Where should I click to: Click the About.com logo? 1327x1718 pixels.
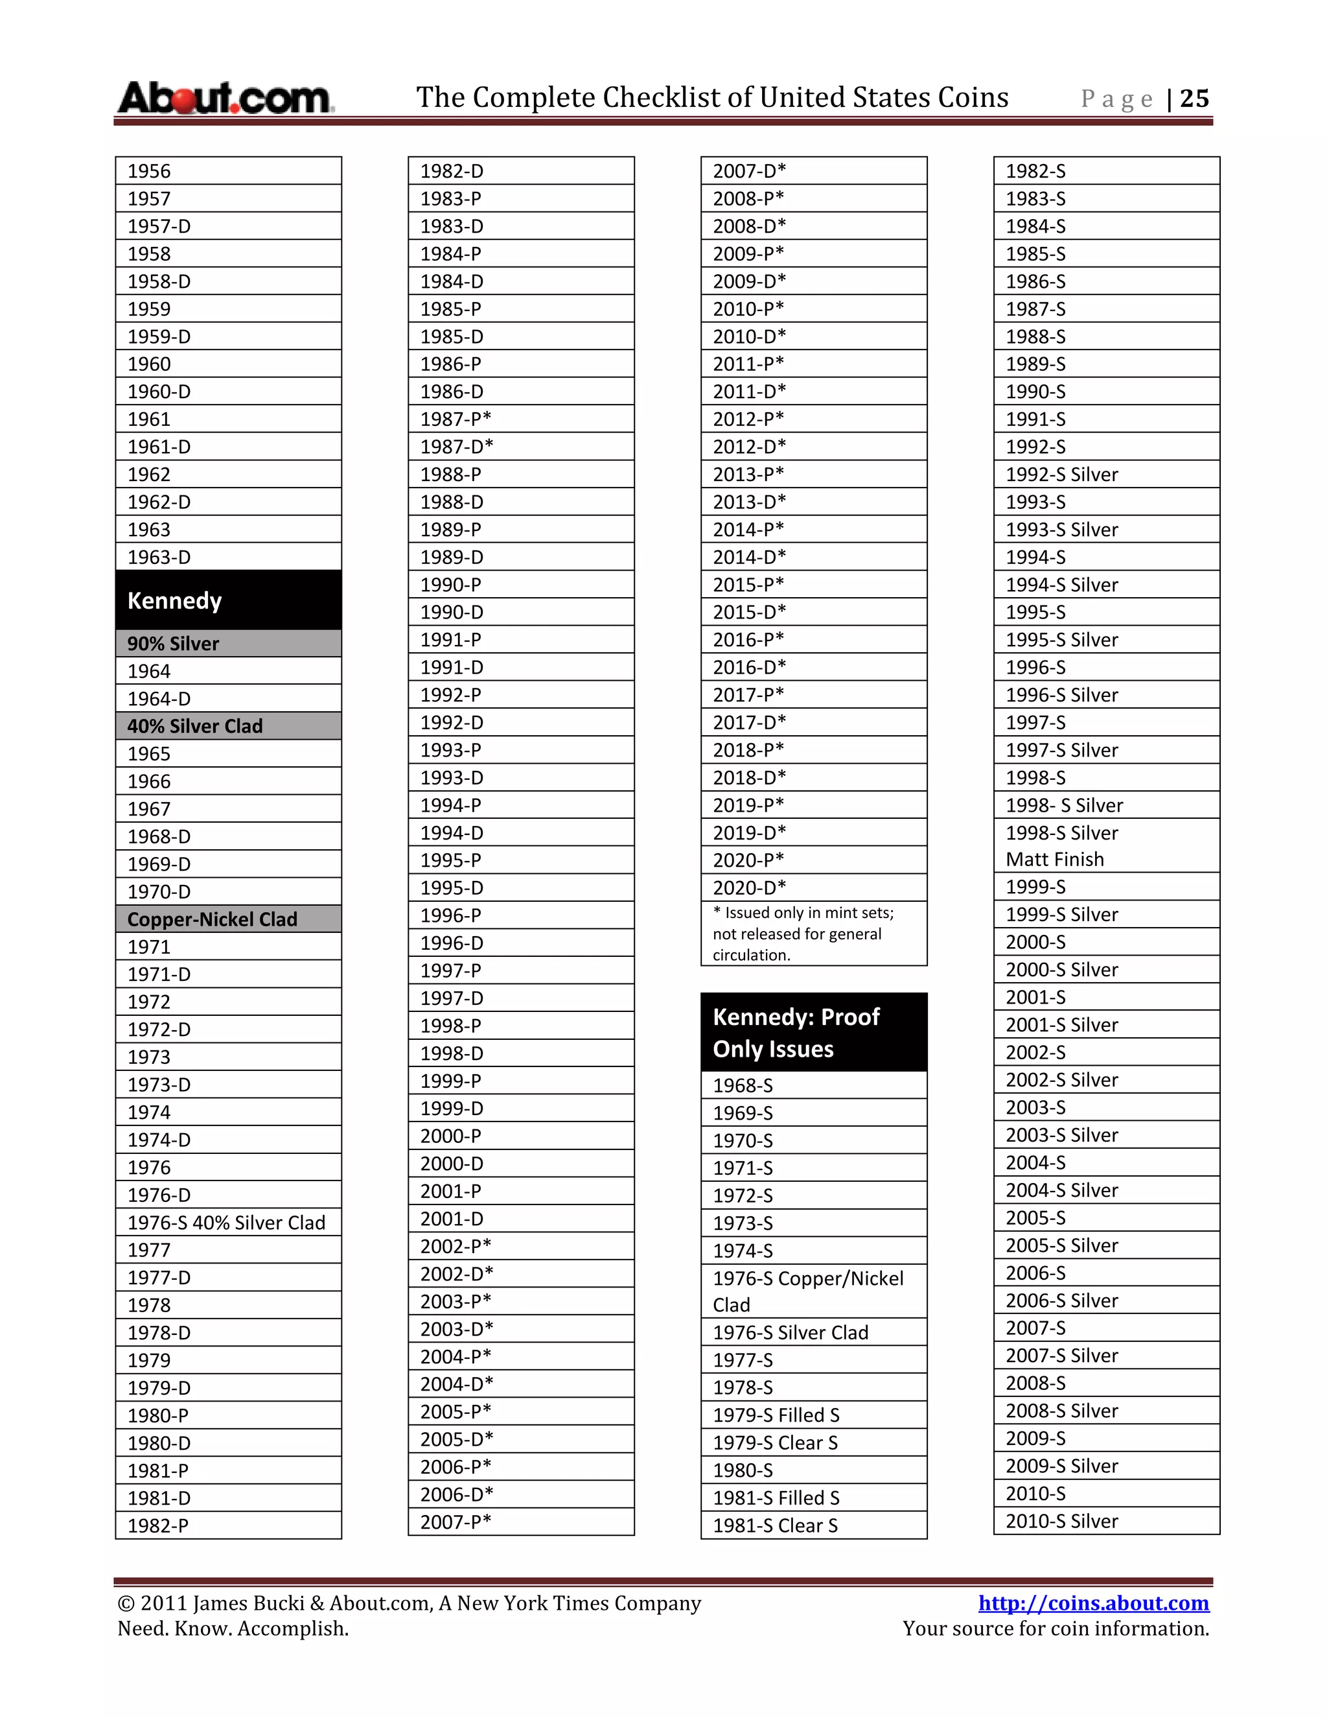pos(225,99)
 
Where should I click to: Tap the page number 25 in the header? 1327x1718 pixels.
pos(1194,99)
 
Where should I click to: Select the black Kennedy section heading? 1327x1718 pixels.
pos(228,600)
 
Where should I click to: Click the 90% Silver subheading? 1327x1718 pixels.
pos(228,644)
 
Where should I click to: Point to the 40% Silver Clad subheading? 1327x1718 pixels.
pos(228,726)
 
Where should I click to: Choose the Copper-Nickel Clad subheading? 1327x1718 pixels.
pos(228,919)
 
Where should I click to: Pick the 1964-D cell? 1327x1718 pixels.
pos(228,698)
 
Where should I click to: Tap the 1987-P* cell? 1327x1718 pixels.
pos(520,419)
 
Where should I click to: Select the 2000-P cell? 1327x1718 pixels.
pos(520,1136)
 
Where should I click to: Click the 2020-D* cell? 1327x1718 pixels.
pos(814,888)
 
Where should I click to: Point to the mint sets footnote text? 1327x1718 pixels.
pos(814,934)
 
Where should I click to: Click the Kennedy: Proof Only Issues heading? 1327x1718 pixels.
pos(814,1032)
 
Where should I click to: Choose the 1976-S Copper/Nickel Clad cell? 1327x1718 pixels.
pos(814,1291)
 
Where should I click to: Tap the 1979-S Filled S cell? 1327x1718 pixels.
pos(814,1415)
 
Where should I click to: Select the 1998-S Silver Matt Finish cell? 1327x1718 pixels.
pos(1106,845)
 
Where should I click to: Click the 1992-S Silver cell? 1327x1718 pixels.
pos(1106,475)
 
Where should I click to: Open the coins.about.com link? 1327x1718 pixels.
pos(1092,1603)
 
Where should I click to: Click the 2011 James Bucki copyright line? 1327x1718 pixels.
pos(409,1603)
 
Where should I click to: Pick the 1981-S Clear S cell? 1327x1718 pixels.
pos(814,1525)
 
